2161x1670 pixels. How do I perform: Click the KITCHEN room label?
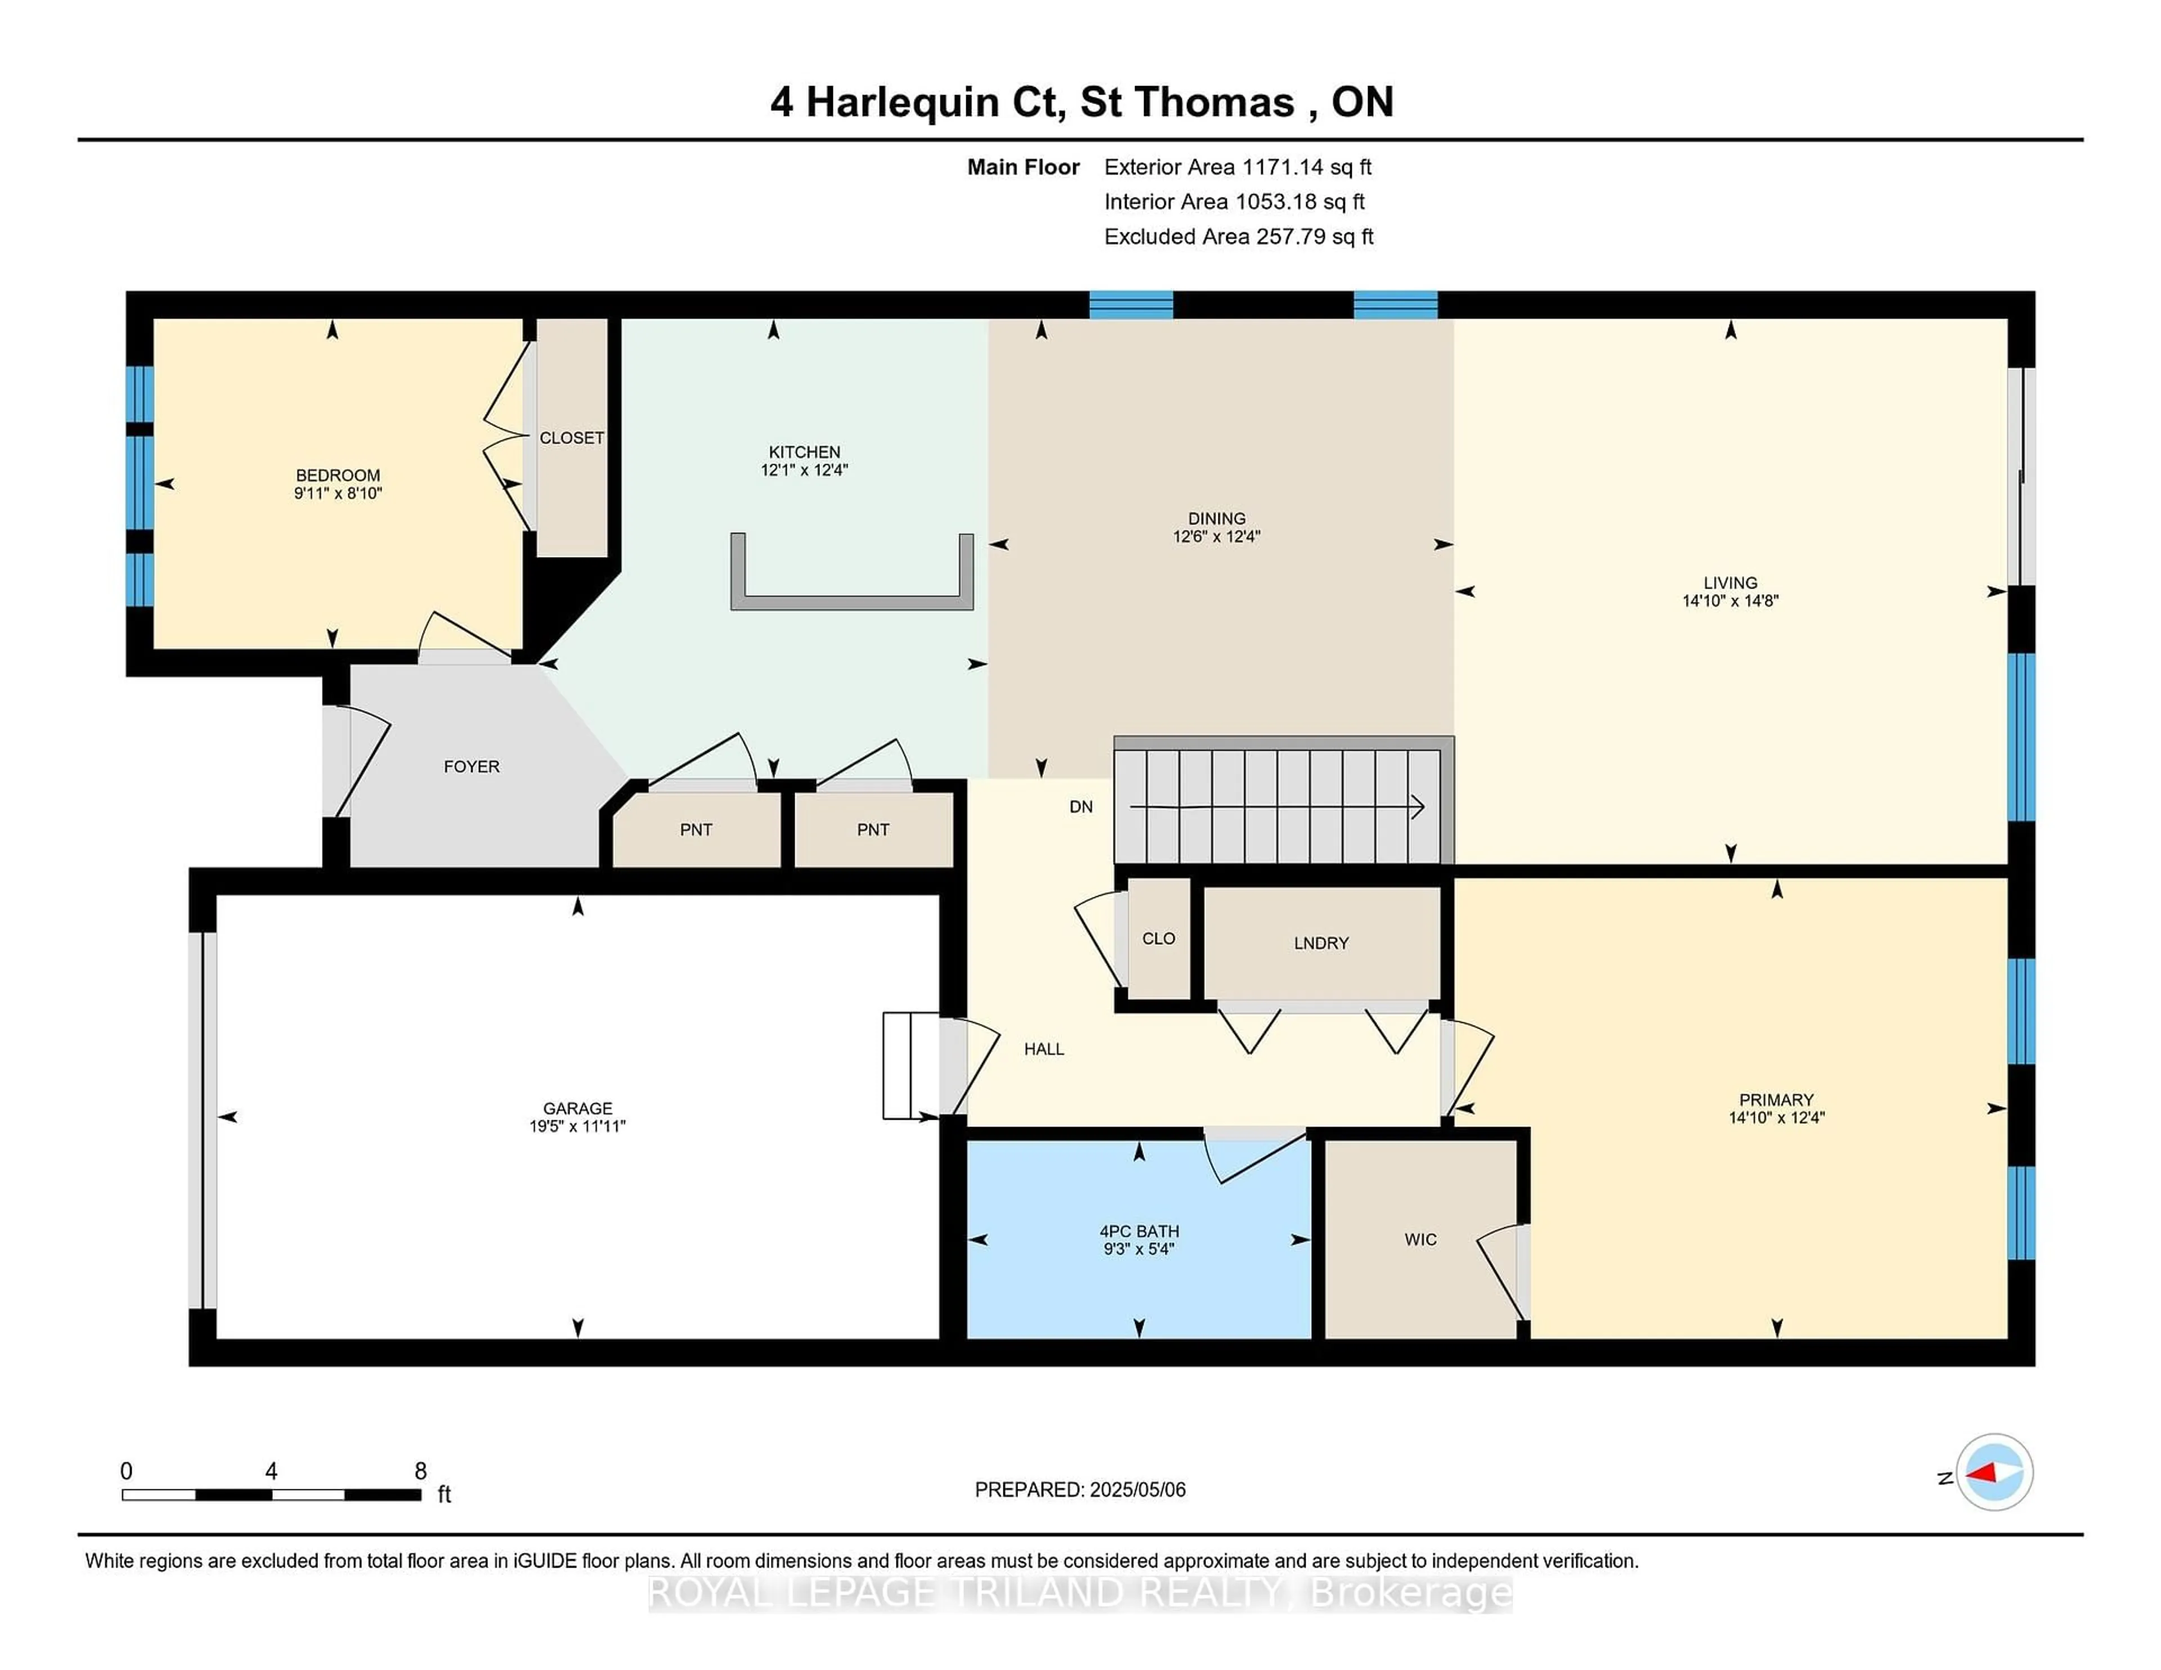tap(804, 452)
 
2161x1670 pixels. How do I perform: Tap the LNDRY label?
tap(1321, 943)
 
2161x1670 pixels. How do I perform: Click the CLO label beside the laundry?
tap(1159, 938)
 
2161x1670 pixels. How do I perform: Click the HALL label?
tap(1044, 1049)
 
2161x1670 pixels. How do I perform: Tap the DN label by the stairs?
tap(1080, 806)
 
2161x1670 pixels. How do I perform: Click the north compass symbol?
tap(1994, 1472)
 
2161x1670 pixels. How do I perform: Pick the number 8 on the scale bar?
tap(420, 1471)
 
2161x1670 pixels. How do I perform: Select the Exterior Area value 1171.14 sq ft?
tap(1306, 167)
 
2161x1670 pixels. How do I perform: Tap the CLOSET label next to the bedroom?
tap(572, 437)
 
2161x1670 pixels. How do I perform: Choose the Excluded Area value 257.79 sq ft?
tap(1315, 236)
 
